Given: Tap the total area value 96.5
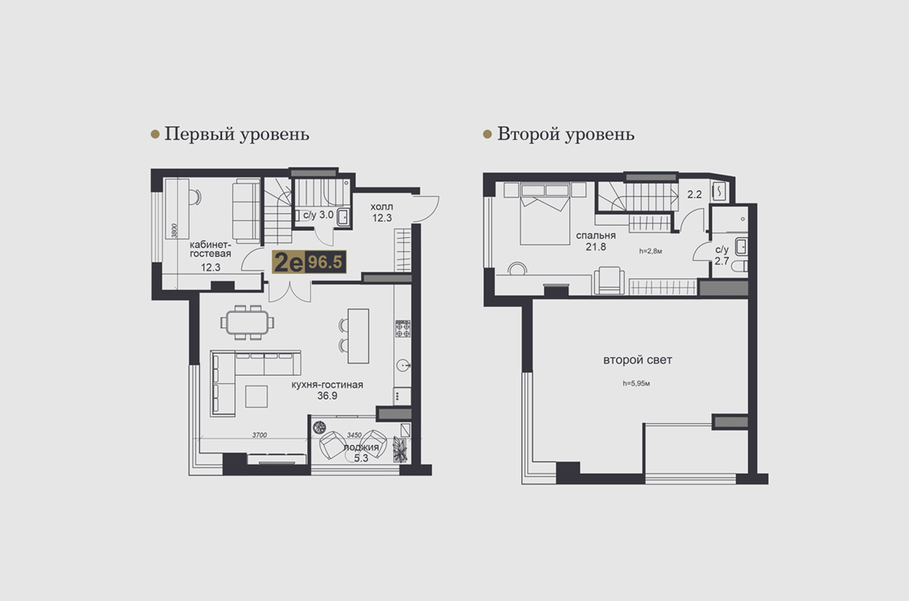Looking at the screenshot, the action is [325, 262].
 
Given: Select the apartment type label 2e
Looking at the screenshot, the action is [289, 262].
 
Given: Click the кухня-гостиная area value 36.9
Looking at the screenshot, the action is [327, 396].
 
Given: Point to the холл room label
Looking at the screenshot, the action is [382, 207].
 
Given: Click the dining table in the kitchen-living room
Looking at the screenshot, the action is [247, 322].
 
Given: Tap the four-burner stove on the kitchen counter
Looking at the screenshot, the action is [403, 329].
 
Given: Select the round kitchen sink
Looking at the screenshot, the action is [403, 365].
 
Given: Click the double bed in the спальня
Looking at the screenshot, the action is [545, 214].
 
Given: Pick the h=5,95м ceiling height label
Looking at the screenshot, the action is [636, 383].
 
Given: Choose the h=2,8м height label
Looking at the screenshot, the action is [650, 251].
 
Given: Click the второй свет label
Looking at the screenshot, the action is [638, 360].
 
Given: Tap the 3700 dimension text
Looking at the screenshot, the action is [259, 435].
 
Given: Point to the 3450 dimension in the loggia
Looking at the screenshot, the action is [354, 435].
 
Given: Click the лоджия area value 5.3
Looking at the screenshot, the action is [361, 458].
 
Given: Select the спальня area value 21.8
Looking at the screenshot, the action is [596, 247].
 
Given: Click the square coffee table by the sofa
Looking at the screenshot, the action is [256, 396].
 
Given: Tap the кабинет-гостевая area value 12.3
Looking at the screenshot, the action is [210, 268].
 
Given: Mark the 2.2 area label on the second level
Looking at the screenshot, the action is [694, 195].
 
